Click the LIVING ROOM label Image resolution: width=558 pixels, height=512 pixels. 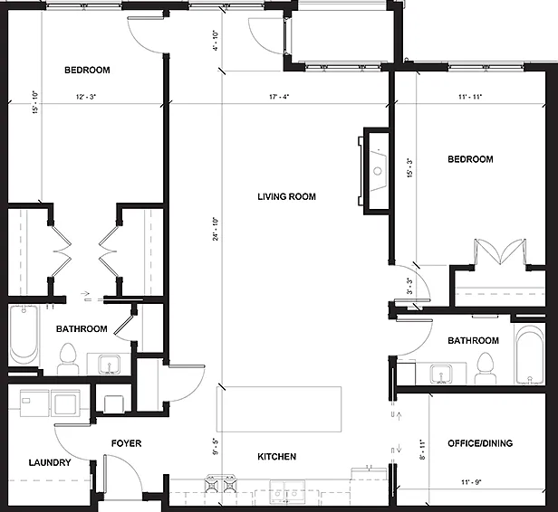(x=286, y=196)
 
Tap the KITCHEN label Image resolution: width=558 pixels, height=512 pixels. (x=277, y=457)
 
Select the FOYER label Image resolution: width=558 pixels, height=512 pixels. (x=126, y=443)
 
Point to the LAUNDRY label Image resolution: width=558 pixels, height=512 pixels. (x=50, y=462)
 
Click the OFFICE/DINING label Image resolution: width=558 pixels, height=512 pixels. (x=480, y=443)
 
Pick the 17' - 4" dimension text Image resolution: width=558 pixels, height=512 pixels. (x=279, y=97)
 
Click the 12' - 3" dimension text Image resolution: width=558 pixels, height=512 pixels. (x=86, y=97)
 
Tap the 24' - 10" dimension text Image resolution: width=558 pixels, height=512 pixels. (x=216, y=229)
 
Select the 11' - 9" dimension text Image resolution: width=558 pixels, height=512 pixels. (x=471, y=482)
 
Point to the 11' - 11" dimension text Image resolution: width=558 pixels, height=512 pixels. (x=470, y=97)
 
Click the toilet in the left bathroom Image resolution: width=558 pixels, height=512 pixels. (x=68, y=358)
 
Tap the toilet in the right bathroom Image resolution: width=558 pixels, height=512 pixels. (x=485, y=368)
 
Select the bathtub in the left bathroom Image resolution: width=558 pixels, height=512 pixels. (x=24, y=335)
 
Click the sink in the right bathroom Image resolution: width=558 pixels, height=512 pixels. (x=441, y=375)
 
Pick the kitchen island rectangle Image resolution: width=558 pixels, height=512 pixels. (x=279, y=409)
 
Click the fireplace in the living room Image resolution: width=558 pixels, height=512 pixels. (x=373, y=171)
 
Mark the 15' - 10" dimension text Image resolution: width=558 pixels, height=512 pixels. (x=35, y=102)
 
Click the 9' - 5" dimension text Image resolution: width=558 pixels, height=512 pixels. (x=216, y=447)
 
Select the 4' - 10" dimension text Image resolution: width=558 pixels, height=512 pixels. (x=216, y=41)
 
